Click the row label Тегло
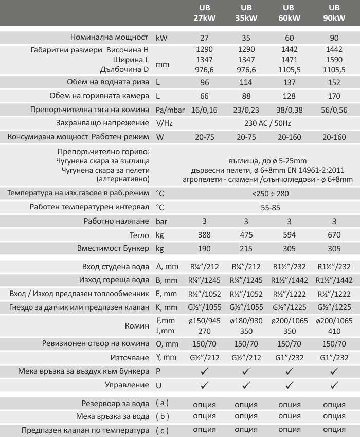pyautogui.click(x=140, y=235)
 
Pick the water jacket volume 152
pyautogui.click(x=334, y=82)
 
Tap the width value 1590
pyautogui.click(x=334, y=60)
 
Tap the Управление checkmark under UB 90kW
pyautogui.click(x=334, y=384)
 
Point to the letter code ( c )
pyautogui.click(x=163, y=429)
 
